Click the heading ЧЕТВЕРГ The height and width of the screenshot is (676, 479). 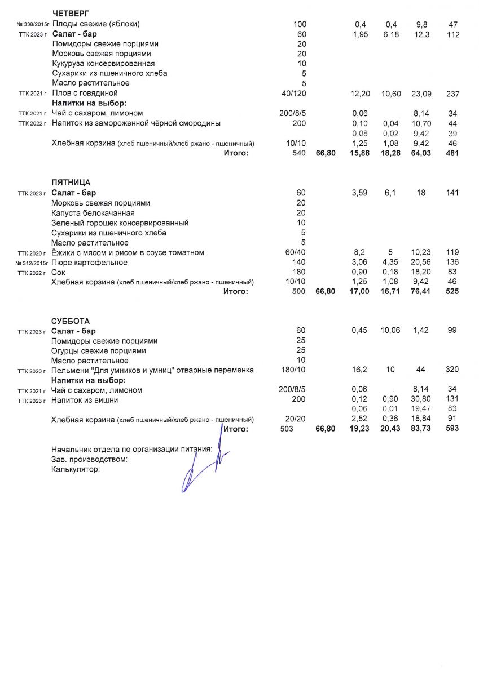coord(70,14)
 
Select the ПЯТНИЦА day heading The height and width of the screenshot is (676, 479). coord(71,183)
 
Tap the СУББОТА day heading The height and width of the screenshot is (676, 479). coord(70,321)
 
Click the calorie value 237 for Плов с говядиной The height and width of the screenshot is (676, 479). coord(452,94)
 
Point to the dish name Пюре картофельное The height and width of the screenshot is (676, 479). coord(89,263)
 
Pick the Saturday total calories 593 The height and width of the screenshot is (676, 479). coord(451,429)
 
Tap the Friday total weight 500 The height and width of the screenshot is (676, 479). coord(298,292)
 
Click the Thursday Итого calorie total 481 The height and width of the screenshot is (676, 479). coord(452,153)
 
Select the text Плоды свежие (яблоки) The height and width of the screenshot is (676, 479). coord(96,24)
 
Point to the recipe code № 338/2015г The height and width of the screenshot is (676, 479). coord(33,25)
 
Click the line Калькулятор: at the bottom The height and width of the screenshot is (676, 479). coord(75,469)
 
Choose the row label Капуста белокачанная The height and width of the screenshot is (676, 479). coord(93,213)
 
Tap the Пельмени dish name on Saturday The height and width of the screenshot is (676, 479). coord(152,370)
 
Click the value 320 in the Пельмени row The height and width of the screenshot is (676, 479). coord(452,370)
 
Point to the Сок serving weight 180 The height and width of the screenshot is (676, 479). coord(301,273)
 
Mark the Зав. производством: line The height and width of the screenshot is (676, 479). coord(89,459)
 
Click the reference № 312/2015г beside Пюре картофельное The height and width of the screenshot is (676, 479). coord(33,263)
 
